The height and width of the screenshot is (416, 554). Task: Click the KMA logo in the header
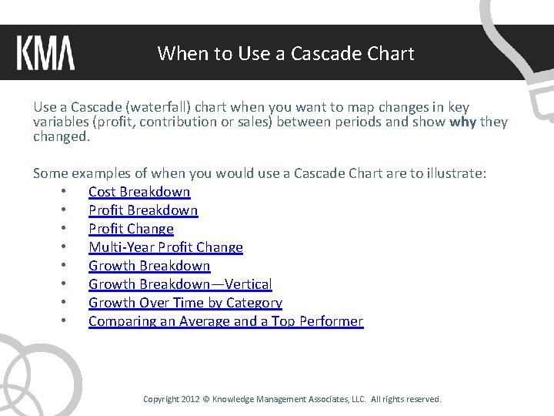pyautogui.click(x=45, y=53)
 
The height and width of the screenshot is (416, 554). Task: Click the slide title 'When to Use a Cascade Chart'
pyautogui.click(x=285, y=54)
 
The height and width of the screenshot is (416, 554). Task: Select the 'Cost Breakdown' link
pyautogui.click(x=139, y=192)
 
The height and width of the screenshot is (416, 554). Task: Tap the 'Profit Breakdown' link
pyautogui.click(x=143, y=210)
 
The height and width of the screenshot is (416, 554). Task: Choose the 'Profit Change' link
pyautogui.click(x=131, y=229)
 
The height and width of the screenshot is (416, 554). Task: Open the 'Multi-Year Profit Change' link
pyautogui.click(x=165, y=247)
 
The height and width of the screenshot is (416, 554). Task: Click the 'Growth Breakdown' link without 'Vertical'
pyautogui.click(x=149, y=266)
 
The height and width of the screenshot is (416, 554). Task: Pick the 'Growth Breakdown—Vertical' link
pyautogui.click(x=180, y=284)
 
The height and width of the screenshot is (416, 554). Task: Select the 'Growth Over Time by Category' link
pyautogui.click(x=185, y=303)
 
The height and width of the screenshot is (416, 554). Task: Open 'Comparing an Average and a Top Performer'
pyautogui.click(x=225, y=321)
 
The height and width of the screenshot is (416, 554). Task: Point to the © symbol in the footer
pyautogui.click(x=205, y=399)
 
